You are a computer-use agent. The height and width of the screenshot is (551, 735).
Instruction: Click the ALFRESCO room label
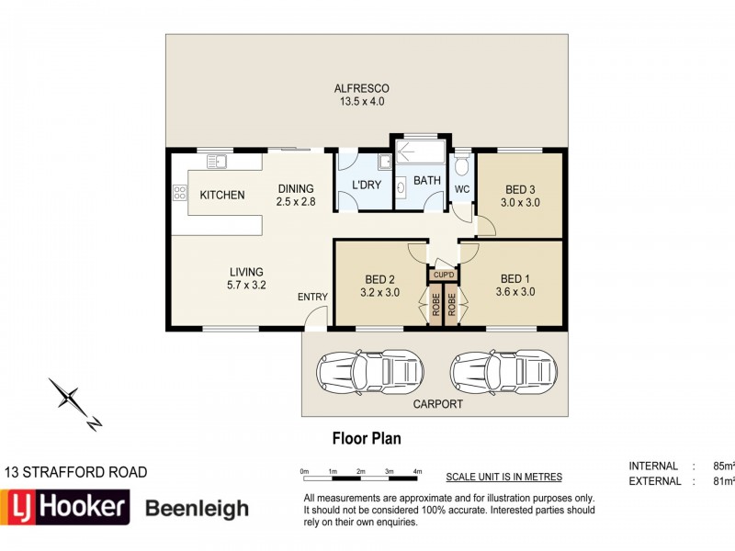tap(361, 88)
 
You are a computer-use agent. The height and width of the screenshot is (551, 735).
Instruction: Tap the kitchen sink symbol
tap(217, 162)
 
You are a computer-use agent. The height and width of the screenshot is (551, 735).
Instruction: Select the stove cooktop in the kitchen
tap(179, 193)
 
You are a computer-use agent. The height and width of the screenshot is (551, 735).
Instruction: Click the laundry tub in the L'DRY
tap(385, 162)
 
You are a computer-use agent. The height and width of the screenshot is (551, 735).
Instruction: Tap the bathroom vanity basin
tap(401, 188)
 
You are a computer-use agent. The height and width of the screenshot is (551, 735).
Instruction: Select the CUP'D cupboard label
tap(444, 275)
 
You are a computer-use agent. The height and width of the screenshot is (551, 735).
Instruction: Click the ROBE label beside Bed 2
tap(435, 304)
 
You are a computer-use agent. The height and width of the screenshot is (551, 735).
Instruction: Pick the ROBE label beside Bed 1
tap(451, 304)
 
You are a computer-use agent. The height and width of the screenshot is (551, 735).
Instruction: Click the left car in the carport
tap(370, 372)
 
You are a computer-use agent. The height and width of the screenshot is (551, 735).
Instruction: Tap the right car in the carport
tap(503, 372)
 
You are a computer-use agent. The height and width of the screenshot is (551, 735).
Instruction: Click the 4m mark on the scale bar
tap(417, 471)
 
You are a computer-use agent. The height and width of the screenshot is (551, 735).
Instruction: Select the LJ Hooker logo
tap(64, 507)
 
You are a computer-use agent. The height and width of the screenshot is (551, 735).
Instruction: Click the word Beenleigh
tap(197, 509)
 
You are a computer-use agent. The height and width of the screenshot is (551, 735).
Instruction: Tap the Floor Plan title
tap(367, 439)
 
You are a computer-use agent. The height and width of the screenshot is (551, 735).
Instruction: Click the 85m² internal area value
tap(723, 467)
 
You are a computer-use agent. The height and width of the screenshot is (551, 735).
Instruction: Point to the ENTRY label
tap(312, 297)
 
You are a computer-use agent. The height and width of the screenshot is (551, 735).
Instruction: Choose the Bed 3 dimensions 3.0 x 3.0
tap(520, 203)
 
